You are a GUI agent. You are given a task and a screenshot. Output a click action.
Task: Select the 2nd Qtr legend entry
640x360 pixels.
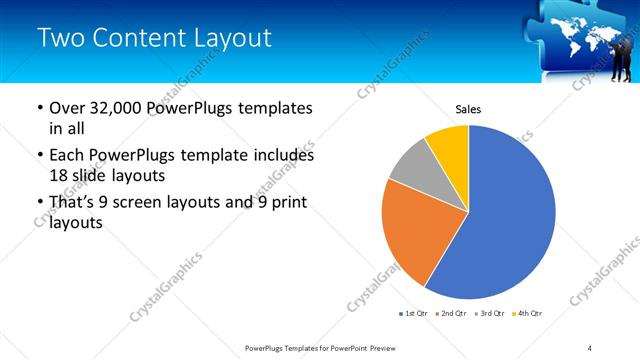click(451, 315)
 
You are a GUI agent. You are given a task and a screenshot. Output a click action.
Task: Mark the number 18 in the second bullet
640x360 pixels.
click(60, 175)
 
